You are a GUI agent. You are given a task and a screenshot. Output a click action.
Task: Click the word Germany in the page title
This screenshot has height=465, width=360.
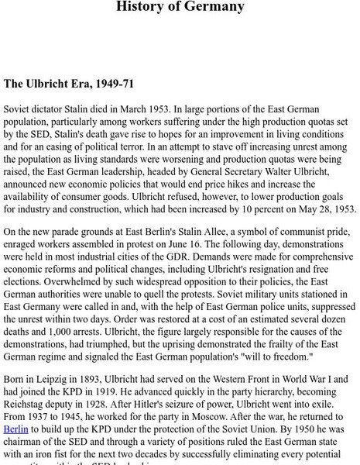point(214,7)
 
